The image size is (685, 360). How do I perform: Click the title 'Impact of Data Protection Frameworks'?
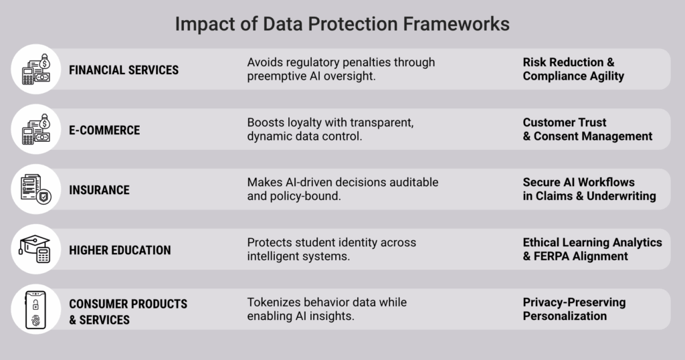[x=342, y=24]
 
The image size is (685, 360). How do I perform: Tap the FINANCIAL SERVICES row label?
[x=124, y=70]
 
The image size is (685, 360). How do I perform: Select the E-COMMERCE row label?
[x=104, y=130]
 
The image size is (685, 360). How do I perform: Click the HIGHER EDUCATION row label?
[x=120, y=250]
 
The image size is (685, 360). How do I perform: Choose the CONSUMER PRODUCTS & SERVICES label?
[x=128, y=312]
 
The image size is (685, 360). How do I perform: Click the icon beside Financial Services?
[x=36, y=69]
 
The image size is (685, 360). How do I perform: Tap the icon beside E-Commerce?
[x=36, y=129]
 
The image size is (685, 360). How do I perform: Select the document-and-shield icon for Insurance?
[x=36, y=189]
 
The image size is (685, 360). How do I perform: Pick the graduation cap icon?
[x=36, y=249]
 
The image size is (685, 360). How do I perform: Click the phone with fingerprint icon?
[x=36, y=310]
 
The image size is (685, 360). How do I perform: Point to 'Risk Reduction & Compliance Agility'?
[x=573, y=69]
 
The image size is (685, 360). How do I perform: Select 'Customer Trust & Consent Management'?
[x=587, y=129]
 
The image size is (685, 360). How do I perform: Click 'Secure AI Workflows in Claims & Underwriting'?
[x=589, y=189]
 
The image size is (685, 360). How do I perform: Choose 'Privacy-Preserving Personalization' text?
[x=574, y=309]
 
